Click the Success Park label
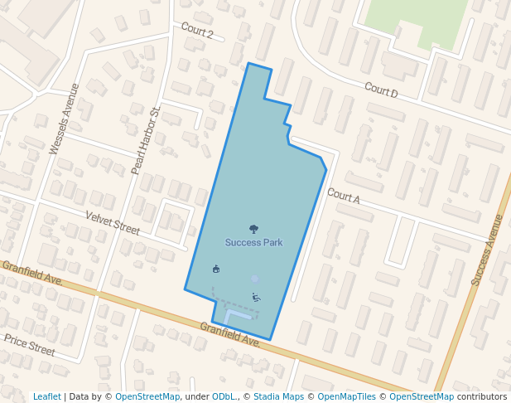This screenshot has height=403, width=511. pos(253,243)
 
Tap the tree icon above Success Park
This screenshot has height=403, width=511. pos(253,229)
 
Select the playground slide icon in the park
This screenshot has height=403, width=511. pos(256,298)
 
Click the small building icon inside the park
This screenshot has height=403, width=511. pos(216,269)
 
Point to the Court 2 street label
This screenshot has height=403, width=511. pos(197,31)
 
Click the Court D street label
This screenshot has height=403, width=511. pos(381,90)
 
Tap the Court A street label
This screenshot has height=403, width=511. pos(343,196)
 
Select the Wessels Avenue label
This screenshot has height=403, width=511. pos(64,118)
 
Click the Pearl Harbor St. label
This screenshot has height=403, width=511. pos(145,140)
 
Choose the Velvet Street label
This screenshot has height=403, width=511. pos(113,222)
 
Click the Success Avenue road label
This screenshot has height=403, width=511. pos(487,250)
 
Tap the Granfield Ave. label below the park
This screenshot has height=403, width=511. pos(230,334)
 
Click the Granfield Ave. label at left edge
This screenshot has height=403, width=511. pos(33,274)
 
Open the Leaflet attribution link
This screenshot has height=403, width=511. pos(46,396)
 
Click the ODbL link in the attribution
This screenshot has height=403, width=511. pos(224,396)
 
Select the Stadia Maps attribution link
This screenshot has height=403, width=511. pos(278,396)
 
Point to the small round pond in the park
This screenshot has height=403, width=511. pos(255,279)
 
